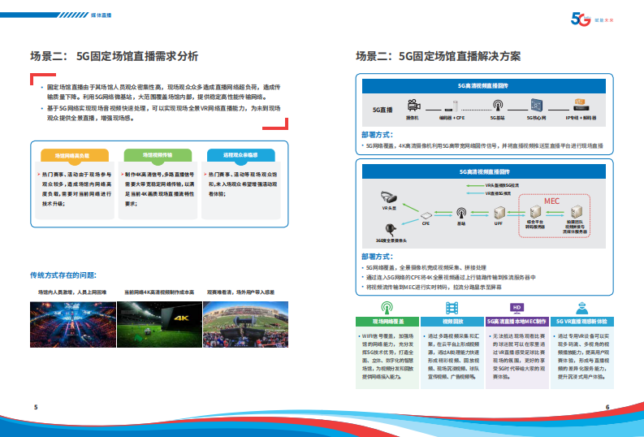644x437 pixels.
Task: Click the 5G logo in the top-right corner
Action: tap(582, 19)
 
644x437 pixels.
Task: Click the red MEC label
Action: tap(551, 201)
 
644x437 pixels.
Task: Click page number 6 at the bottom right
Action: tap(607, 408)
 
